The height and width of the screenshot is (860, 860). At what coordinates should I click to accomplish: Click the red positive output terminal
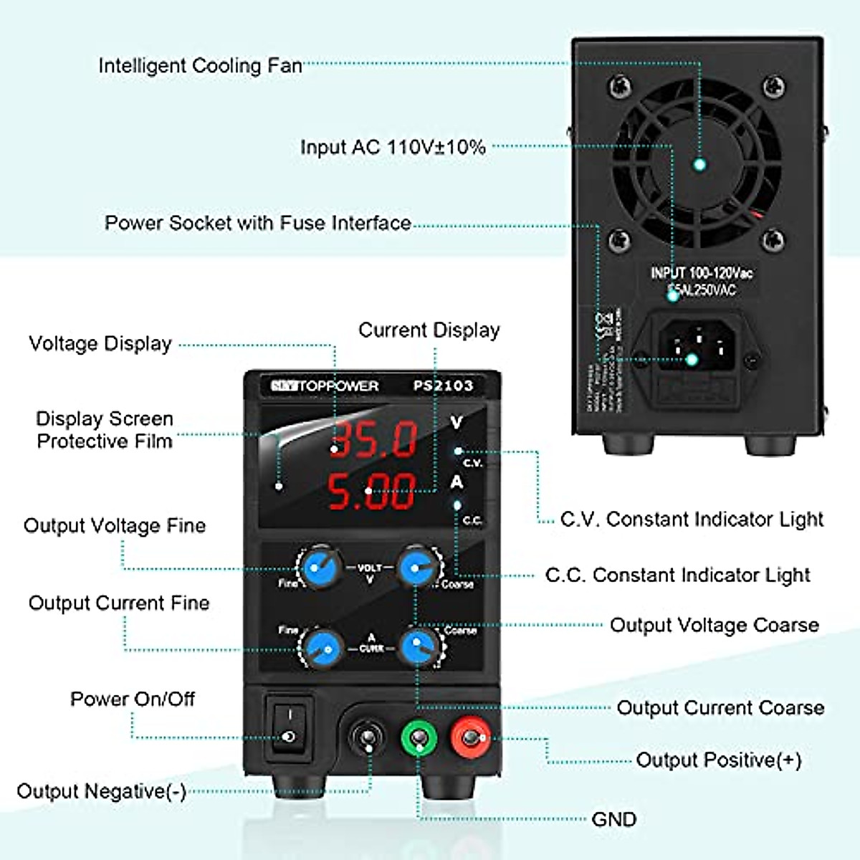(x=470, y=737)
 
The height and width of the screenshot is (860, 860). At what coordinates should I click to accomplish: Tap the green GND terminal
(x=418, y=737)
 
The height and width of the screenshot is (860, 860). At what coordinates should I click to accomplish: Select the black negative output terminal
(x=367, y=738)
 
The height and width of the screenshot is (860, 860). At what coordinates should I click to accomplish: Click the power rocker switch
(x=290, y=727)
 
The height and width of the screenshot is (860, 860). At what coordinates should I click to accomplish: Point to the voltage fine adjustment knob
(x=318, y=568)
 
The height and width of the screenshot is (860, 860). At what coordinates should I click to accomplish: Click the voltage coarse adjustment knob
(x=417, y=568)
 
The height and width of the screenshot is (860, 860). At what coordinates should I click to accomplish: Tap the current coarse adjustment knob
(x=419, y=647)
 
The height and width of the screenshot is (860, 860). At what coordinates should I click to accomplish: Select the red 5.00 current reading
(x=372, y=491)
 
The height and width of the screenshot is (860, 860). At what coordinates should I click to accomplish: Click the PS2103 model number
(x=443, y=386)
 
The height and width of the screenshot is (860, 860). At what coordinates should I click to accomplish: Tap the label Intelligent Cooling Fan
(x=200, y=66)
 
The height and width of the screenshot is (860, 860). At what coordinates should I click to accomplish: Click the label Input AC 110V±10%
(x=393, y=147)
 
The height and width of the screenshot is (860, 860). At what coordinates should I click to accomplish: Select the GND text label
(x=614, y=819)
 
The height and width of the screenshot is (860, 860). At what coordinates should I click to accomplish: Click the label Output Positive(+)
(x=719, y=760)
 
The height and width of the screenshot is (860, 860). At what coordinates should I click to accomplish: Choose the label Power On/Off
(x=133, y=699)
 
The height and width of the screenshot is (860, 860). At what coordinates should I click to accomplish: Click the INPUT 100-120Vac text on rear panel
(x=702, y=273)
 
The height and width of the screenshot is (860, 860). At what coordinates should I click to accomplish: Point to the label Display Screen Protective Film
(x=105, y=429)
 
